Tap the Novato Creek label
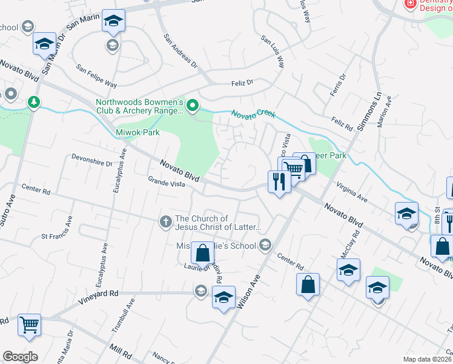pyautogui.click(x=254, y=114)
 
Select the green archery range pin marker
pyautogui.click(x=193, y=107)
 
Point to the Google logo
pyautogui.click(x=20, y=357)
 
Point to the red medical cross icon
pyautogui.click(x=410, y=4)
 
